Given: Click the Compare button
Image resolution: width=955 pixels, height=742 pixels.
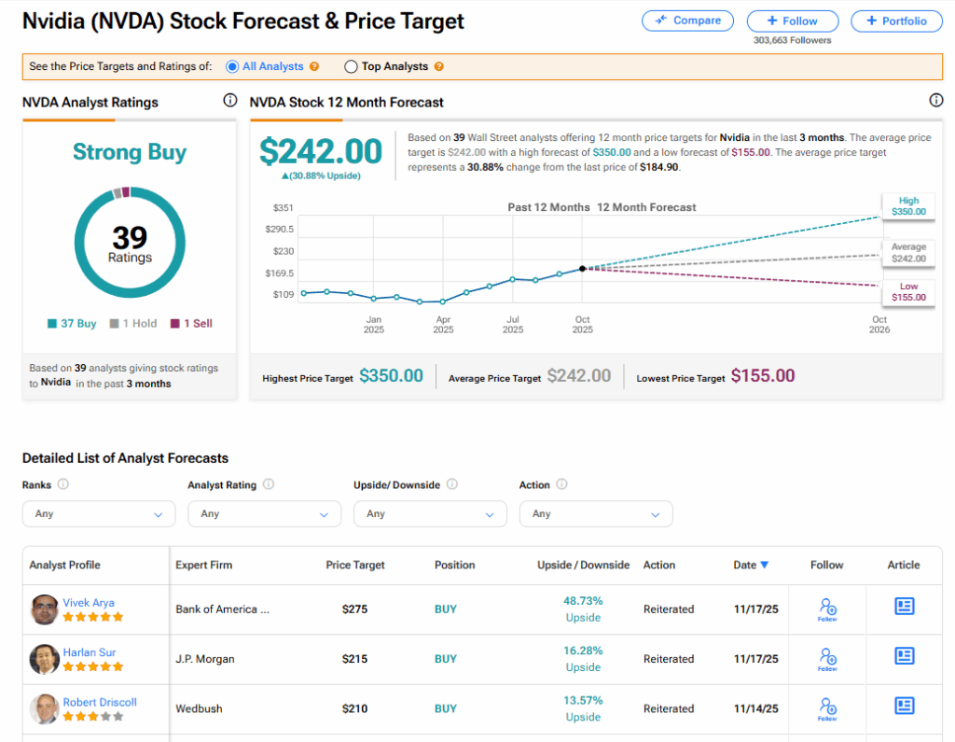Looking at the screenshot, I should (687, 21).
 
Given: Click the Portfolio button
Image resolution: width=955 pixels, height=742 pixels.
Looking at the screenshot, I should (895, 21).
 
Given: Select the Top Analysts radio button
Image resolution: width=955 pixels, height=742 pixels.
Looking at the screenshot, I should (352, 66).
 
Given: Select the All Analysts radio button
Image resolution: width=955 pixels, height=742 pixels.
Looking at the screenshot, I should (232, 66).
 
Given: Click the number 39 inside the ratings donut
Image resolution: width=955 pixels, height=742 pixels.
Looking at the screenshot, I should (130, 237).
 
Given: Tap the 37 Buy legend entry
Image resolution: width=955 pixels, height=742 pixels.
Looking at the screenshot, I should (73, 324).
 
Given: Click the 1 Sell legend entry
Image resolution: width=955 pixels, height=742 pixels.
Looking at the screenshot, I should (191, 324).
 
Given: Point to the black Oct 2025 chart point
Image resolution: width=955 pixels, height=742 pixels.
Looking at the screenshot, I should (583, 268).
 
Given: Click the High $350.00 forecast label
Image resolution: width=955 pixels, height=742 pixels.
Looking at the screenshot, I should (908, 206).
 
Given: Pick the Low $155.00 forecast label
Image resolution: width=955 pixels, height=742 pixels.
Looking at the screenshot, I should (908, 292).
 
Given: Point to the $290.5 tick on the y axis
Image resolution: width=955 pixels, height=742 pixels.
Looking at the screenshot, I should (279, 229).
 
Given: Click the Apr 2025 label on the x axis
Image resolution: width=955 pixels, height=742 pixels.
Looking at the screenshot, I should (443, 325).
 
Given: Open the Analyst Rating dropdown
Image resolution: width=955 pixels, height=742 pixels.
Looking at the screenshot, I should (264, 513).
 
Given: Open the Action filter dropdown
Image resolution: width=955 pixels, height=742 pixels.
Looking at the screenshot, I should (596, 513).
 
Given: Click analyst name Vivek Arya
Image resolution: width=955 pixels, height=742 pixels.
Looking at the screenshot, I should (89, 602).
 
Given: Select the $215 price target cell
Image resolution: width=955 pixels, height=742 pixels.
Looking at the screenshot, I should (354, 659).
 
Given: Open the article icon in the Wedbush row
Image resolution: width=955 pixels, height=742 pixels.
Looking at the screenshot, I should (904, 706).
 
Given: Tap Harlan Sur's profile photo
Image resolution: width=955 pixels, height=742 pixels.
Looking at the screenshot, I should (44, 659).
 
